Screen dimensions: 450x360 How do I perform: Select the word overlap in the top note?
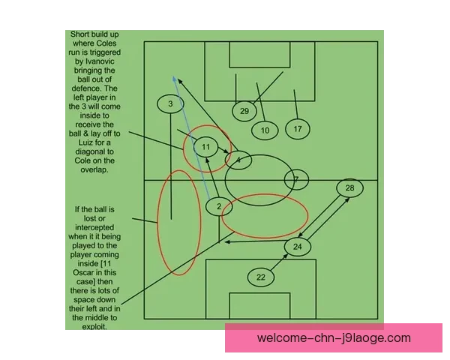pyautogui.click(x=94, y=169)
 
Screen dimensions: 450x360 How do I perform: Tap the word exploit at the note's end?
pyautogui.click(x=94, y=327)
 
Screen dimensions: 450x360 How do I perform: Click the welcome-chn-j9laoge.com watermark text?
pyautogui.click(x=334, y=338)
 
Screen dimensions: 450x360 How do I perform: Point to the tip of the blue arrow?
pyautogui.click(x=173, y=76)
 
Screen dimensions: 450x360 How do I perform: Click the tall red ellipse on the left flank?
pyautogui.click(x=157, y=223)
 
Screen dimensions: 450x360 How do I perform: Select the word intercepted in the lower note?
pyautogui.click(x=94, y=227)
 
